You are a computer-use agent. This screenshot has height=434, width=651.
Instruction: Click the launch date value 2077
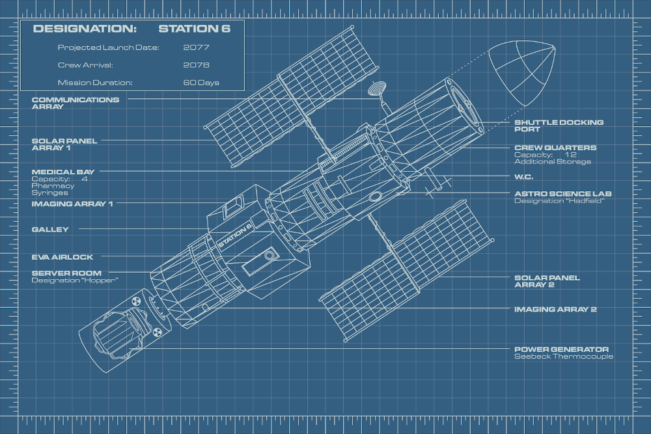click(x=196, y=47)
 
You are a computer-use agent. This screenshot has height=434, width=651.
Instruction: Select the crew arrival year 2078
click(x=196, y=65)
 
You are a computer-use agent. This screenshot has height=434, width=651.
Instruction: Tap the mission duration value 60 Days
click(x=201, y=83)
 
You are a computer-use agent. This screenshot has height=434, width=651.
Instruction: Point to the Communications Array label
click(x=76, y=103)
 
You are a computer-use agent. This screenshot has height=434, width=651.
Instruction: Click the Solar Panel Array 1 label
click(x=64, y=144)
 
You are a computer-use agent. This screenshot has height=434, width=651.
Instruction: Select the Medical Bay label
click(x=63, y=172)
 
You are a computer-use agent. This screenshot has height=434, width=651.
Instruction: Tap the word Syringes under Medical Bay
click(x=50, y=193)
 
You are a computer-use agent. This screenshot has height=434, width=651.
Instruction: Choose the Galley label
click(x=50, y=229)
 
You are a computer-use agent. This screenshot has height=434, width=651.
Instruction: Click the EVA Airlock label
click(x=62, y=257)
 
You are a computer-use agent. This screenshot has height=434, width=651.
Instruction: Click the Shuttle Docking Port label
click(x=559, y=126)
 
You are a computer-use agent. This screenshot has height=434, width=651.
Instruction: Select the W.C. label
click(x=525, y=176)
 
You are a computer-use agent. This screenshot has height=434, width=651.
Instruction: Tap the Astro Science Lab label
click(x=562, y=193)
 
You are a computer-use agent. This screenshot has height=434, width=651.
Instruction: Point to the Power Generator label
click(x=561, y=349)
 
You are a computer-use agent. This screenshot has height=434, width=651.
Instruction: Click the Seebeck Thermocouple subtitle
click(x=563, y=357)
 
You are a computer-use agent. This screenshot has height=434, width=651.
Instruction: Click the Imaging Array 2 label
click(x=555, y=310)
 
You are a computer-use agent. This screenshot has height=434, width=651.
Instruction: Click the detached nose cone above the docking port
click(x=523, y=72)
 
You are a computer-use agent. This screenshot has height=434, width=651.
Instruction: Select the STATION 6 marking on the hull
click(x=235, y=236)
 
